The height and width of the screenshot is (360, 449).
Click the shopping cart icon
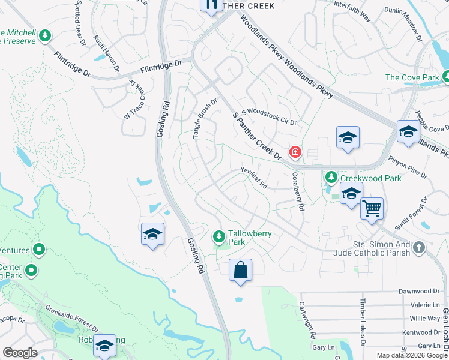tap(372, 209)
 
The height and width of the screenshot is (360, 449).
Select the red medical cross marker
tap(295, 152)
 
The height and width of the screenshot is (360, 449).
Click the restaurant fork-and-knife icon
tap(211, 5)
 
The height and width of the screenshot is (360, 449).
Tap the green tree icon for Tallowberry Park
tap(220, 235)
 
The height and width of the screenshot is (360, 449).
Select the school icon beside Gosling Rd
tap(153, 234)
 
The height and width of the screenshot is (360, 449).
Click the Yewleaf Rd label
tap(254, 178)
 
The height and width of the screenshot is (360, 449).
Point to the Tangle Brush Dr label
tap(205, 119)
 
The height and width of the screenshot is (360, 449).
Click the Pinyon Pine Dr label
tap(407, 167)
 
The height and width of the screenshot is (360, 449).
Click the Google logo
tap(20, 353)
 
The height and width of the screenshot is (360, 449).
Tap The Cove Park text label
tap(411, 77)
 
